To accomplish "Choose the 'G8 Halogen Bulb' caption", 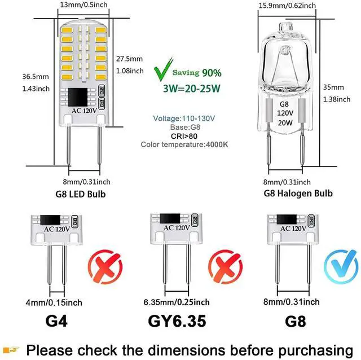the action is [298, 194].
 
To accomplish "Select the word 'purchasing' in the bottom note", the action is [316, 350].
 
